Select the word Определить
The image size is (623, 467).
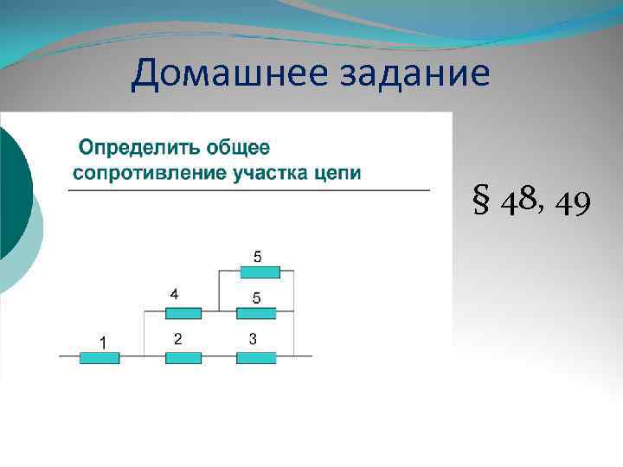click(128, 147)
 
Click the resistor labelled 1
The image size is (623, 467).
click(100, 356)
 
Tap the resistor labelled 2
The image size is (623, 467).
click(183, 356)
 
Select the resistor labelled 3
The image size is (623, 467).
click(257, 356)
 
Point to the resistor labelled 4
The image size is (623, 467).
click(183, 313)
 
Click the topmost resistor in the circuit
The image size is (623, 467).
click(260, 272)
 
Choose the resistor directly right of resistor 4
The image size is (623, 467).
click(257, 313)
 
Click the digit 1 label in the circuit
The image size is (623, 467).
click(102, 342)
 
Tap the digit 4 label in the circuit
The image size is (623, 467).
click(174, 295)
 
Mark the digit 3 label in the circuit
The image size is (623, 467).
click(252, 339)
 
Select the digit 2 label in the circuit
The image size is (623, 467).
click(177, 339)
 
